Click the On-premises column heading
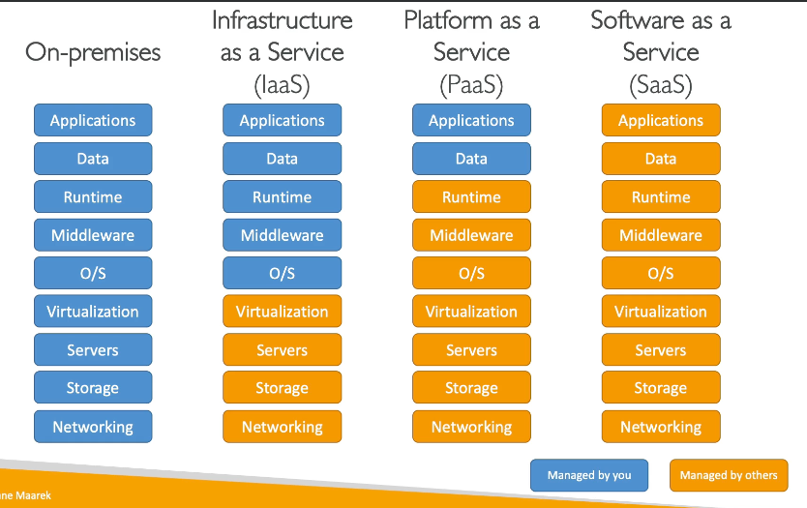pos(93,53)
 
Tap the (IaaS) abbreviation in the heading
pos(282,85)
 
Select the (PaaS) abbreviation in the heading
pos(471,85)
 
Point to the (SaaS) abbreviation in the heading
pos(661,85)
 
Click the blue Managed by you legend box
pos(589,475)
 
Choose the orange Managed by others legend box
pos(729,475)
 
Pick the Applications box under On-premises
pos(93,120)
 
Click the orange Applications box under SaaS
pos(661,120)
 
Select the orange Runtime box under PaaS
pos(471,196)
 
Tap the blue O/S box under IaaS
pos(282,273)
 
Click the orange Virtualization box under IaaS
pos(282,312)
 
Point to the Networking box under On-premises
pos(93,427)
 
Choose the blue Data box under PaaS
pos(471,159)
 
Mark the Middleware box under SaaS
pos(661,235)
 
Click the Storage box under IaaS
pos(282,388)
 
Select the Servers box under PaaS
pos(471,350)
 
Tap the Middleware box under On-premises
pos(93,235)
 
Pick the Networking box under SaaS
pos(661,427)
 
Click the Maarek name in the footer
pos(33,495)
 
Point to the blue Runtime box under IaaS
pos(282,196)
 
